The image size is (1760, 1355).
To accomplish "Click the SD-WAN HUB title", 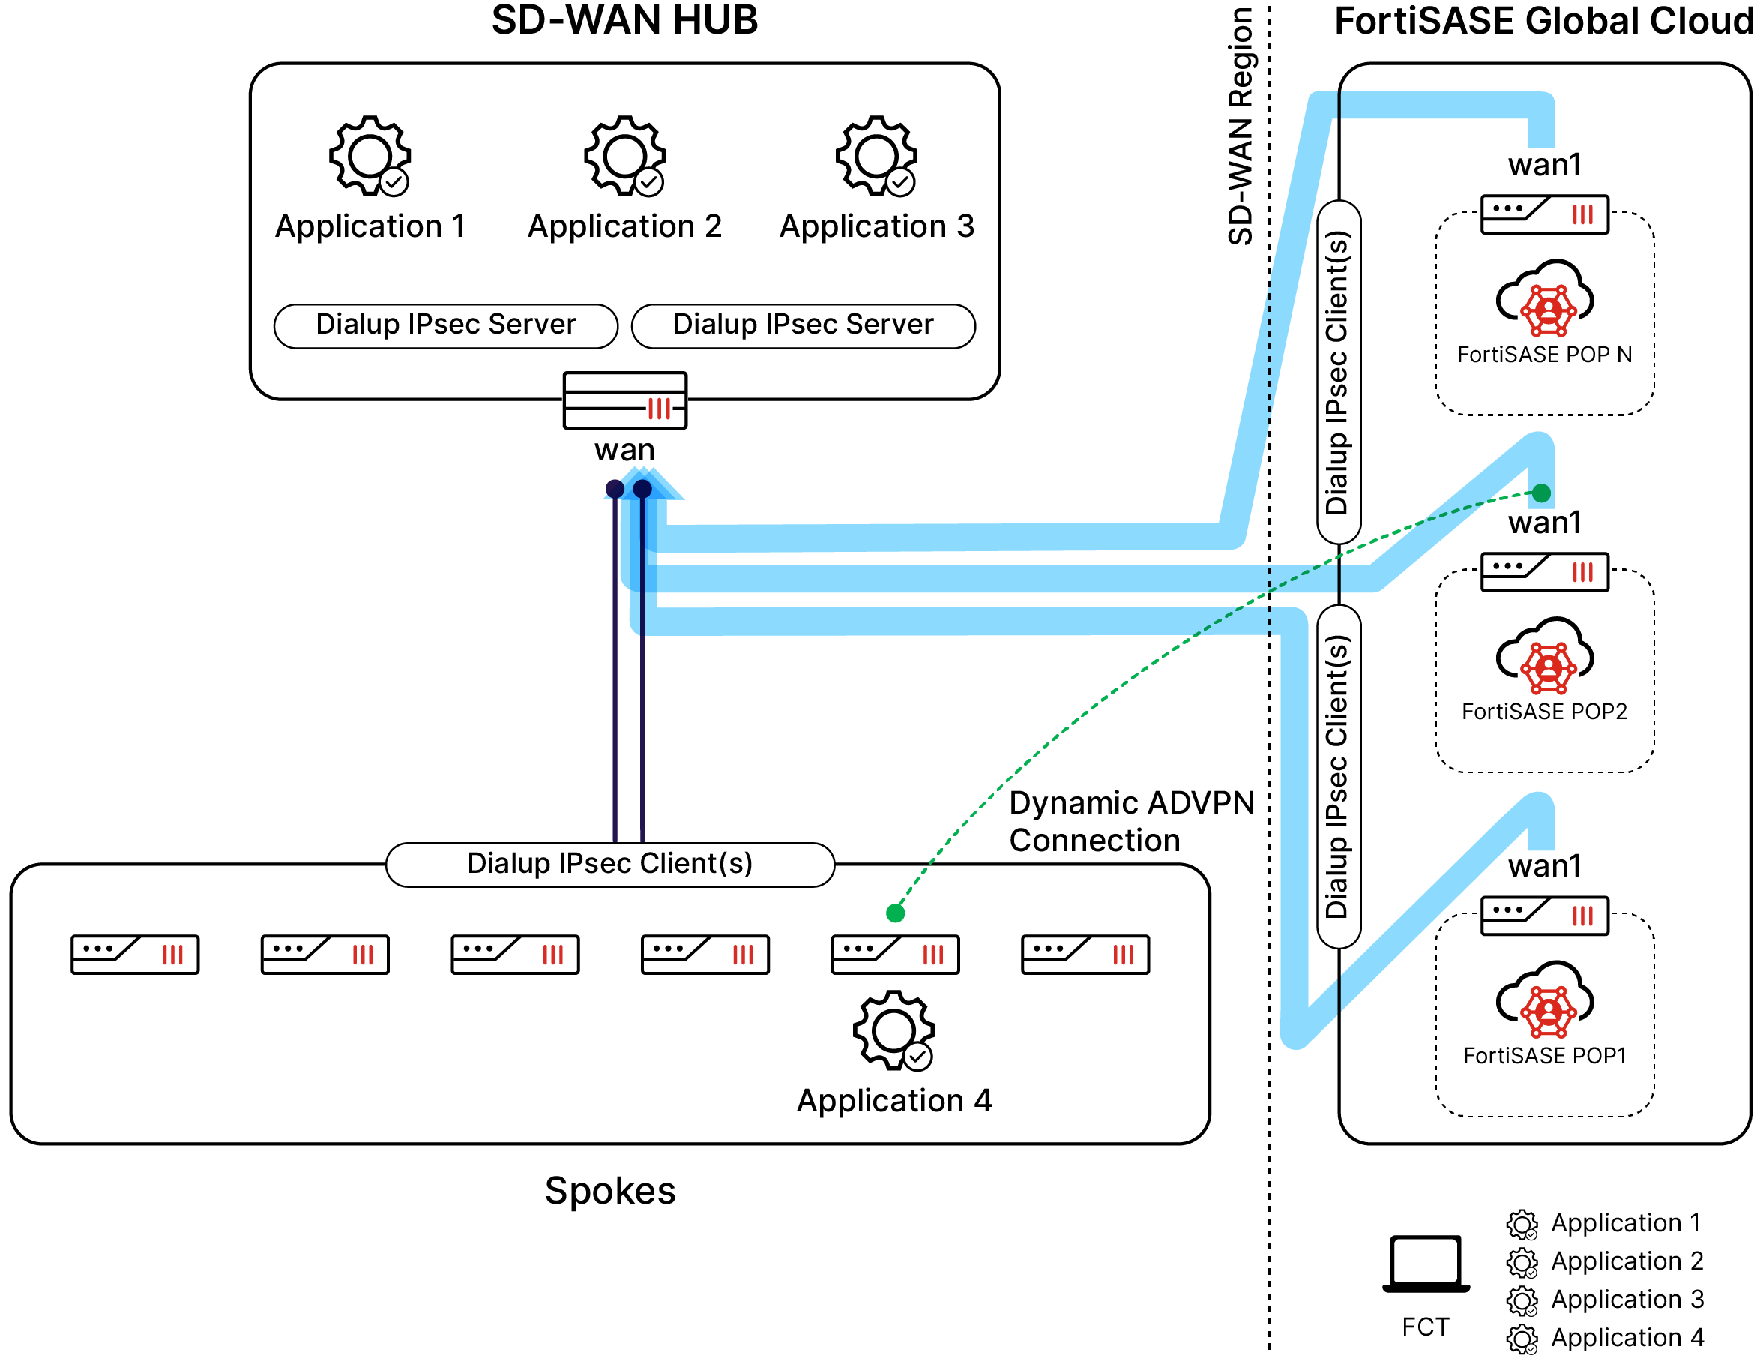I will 624,21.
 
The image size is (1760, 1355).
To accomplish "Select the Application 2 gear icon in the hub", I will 624,155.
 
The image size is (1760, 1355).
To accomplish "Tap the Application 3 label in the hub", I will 877,226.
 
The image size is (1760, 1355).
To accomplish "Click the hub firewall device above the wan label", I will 624,400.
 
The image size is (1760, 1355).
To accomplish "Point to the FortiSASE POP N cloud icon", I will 1544,298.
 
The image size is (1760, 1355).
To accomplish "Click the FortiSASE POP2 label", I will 1544,711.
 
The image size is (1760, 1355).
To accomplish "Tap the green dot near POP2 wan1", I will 1541,493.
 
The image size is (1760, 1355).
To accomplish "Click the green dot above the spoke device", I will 895,913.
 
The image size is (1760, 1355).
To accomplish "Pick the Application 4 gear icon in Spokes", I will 893,1030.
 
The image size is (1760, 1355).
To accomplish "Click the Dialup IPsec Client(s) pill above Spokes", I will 610,863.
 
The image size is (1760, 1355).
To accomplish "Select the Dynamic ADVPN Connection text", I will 1130,821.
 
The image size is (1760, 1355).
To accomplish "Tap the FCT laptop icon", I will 1426,1263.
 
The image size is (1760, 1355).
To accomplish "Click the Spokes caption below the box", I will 610,1191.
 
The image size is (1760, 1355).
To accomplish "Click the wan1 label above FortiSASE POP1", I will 1544,866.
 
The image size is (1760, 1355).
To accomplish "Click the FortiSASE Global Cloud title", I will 1543,21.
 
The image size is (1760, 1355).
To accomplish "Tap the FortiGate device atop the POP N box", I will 1544,214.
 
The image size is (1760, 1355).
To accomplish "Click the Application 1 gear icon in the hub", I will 370,155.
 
